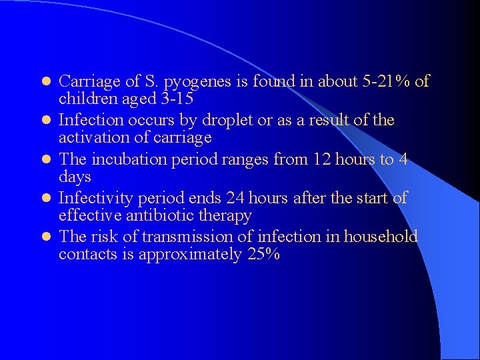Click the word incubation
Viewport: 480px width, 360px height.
[x=133, y=160]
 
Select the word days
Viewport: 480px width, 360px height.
[x=75, y=177]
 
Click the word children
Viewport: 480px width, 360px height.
[x=87, y=99]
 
